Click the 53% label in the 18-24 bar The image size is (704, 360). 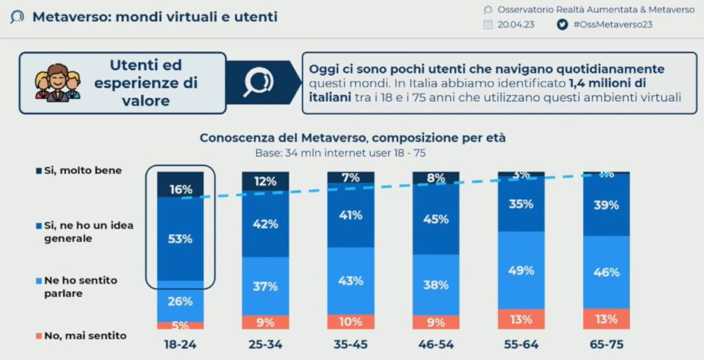(180, 239)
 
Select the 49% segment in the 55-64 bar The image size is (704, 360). (520, 270)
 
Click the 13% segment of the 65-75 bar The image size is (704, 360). (606, 318)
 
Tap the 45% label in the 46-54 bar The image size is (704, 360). (436, 219)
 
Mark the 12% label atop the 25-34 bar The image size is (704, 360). (265, 181)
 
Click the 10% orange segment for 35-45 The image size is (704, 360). (351, 322)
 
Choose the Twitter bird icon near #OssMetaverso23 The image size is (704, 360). (562, 24)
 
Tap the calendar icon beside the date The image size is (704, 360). (488, 24)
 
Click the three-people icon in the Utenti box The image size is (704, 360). (58, 83)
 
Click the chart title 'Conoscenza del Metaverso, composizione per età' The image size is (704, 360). (353, 137)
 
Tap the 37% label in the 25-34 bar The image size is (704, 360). (265, 286)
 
